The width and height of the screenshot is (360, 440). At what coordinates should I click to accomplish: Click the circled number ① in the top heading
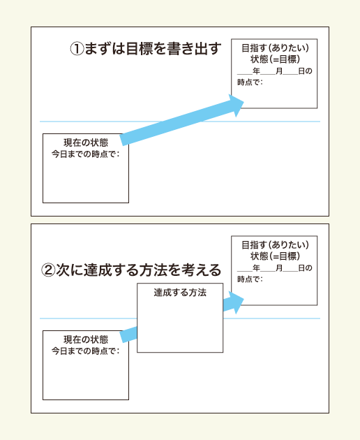coord(77,49)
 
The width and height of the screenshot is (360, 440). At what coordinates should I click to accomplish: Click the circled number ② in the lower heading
coord(48,270)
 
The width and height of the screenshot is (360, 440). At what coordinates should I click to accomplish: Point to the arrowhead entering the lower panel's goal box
coord(236,302)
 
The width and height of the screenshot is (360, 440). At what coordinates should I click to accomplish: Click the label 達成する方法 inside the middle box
coord(180,293)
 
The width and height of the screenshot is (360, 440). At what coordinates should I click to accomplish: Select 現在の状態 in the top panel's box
coord(86,142)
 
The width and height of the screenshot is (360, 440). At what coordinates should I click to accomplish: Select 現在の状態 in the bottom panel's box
coord(86,339)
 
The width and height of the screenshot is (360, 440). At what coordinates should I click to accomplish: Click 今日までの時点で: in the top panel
coord(85,154)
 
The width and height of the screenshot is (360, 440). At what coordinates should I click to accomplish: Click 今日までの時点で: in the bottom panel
coord(85,351)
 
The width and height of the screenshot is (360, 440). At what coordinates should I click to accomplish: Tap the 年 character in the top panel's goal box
coord(256,71)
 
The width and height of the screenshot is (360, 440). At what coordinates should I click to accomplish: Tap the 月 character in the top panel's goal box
coord(279,71)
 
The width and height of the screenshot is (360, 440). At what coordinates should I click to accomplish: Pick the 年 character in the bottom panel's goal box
coord(256,267)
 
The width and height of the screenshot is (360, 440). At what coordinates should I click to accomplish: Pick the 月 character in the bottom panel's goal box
coord(279,267)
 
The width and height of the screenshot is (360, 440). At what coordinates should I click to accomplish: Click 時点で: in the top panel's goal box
coord(250,82)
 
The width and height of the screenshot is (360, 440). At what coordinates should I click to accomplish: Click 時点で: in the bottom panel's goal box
coord(250,279)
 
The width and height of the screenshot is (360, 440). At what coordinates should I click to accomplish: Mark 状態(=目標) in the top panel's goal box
coord(275,59)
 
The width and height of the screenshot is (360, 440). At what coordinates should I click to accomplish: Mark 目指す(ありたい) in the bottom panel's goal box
coord(275,244)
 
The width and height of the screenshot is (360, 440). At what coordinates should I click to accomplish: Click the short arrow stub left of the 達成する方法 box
coord(129,335)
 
